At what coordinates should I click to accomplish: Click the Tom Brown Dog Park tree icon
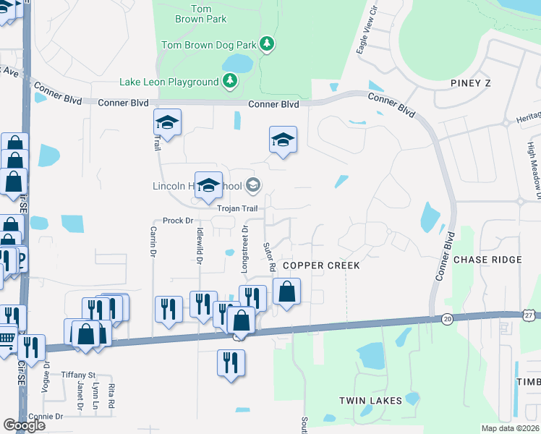267,45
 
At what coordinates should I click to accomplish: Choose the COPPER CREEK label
321,265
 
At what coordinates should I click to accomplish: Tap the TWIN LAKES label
370,400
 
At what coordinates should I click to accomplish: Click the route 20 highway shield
447,318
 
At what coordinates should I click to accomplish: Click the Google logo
24,425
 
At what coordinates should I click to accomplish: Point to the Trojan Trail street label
238,208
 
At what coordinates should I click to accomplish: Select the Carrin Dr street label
153,242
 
